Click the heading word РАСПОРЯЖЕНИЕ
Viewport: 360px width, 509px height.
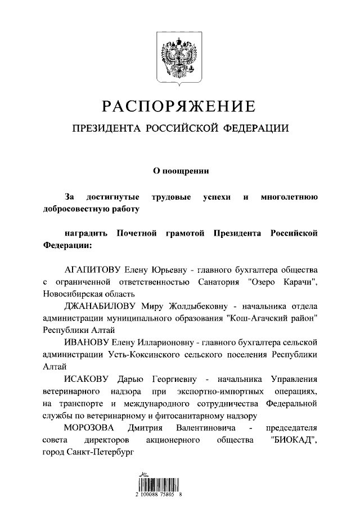click(179, 105)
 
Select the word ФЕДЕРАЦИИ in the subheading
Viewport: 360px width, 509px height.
click(256, 129)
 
